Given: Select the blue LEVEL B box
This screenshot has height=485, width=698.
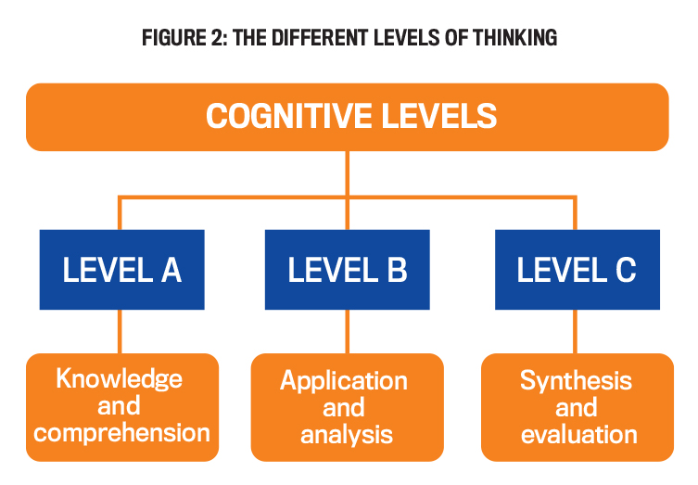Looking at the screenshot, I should [348, 270].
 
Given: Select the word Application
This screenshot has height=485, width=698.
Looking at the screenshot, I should [344, 381].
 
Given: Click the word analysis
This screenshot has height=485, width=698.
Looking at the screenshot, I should [347, 434].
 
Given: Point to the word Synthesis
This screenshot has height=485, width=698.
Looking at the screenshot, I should [576, 380].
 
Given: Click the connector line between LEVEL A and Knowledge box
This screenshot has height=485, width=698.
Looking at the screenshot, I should [120, 331].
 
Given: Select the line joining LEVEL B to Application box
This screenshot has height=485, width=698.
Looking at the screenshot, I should [348, 331].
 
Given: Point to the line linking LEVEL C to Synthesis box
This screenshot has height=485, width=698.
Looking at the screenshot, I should [576, 331].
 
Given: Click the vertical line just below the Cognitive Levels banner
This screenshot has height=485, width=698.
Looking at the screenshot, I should [348, 172].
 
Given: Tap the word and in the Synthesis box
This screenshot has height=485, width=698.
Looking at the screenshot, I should [576, 407].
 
